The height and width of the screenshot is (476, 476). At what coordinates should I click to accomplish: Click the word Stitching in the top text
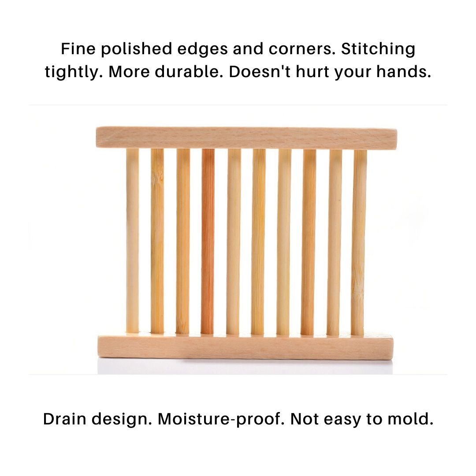(378, 49)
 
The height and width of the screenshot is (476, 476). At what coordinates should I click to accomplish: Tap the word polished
(136, 49)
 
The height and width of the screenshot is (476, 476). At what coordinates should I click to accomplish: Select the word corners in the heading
(302, 49)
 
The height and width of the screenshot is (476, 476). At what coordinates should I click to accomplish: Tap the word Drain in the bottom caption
(65, 419)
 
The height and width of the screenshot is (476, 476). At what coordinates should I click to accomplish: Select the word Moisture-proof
(221, 419)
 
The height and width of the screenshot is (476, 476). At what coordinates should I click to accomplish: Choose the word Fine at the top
(78, 49)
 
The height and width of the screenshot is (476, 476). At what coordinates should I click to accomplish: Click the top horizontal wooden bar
(246, 138)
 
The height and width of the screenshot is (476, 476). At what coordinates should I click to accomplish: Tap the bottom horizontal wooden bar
(245, 347)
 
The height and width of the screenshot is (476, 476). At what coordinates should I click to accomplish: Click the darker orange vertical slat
(208, 242)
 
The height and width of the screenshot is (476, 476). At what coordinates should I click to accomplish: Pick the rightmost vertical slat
(359, 242)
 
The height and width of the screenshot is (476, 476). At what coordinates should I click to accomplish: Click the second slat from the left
(157, 241)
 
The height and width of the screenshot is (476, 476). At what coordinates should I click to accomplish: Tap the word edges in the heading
(202, 50)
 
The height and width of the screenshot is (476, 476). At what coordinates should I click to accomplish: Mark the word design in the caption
(122, 419)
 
